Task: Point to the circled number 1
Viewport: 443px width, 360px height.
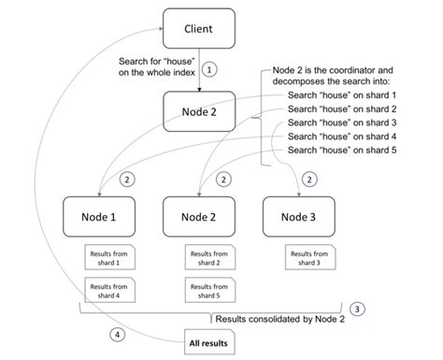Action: click(x=211, y=69)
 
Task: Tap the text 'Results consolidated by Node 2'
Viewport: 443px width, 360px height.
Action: click(x=266, y=318)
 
